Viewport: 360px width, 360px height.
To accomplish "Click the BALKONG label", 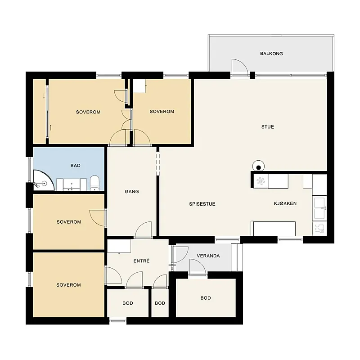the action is (271, 54).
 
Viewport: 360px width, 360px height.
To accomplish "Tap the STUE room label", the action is (268, 127).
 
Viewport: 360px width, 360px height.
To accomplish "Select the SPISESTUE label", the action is (202, 204).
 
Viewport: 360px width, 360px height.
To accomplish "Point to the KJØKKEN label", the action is (285, 203).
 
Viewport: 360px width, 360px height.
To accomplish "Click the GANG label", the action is (132, 192).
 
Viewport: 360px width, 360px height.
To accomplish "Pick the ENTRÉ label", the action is (141, 261).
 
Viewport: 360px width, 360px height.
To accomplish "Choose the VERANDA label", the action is (208, 256).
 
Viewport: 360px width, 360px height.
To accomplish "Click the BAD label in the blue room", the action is (76, 166).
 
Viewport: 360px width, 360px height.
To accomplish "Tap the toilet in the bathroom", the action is (94, 183).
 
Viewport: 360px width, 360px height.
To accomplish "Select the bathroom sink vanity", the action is (72, 184).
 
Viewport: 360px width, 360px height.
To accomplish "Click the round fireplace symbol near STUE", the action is (258, 166).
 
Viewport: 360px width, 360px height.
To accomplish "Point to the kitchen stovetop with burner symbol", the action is (261, 181).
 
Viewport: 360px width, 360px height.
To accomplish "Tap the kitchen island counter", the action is (274, 229).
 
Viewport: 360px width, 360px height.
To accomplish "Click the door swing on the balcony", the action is (240, 67).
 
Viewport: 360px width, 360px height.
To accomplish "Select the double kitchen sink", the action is (319, 208).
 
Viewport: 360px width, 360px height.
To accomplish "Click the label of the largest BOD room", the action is (206, 298).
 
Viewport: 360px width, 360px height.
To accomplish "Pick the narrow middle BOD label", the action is (160, 303).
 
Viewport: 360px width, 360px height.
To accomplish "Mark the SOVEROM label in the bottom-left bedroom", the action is (69, 285).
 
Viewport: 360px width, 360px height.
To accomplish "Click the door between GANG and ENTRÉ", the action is (143, 230).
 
